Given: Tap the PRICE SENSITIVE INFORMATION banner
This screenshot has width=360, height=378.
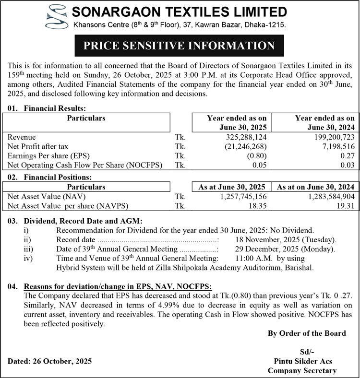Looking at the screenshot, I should (x=180, y=46).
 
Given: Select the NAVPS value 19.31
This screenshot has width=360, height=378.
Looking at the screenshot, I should (x=346, y=205).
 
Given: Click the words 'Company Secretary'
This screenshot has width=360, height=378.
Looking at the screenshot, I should (x=302, y=370).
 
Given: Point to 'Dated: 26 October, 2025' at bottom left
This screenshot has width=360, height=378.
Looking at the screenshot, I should (x=50, y=361).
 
